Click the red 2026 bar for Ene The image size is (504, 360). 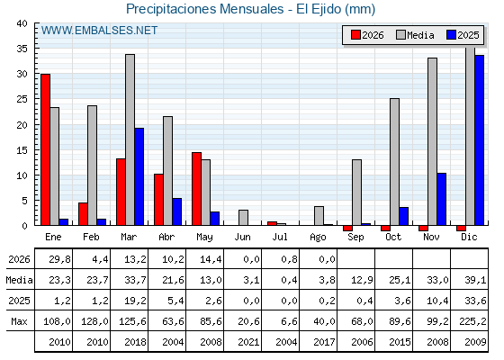click(45, 149)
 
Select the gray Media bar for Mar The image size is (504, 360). click(130, 139)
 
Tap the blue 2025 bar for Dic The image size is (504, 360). click(479, 140)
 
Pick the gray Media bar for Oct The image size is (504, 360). click(395, 162)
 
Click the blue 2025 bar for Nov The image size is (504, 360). click(441, 199)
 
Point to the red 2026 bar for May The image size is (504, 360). click(197, 189)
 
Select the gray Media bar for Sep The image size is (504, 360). click(356, 193)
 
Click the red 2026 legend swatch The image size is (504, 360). click(355, 35)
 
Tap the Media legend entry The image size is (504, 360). click(415, 35)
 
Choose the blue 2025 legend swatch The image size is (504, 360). click(451, 35)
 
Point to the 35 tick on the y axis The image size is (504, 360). click(22, 49)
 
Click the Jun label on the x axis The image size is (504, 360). click(242, 238)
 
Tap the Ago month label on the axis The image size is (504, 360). click(318, 238)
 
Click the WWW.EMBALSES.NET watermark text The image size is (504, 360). click(99, 31)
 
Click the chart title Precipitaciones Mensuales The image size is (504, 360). click(205, 9)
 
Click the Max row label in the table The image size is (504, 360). click(19, 321)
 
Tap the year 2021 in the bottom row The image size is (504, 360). click(248, 342)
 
